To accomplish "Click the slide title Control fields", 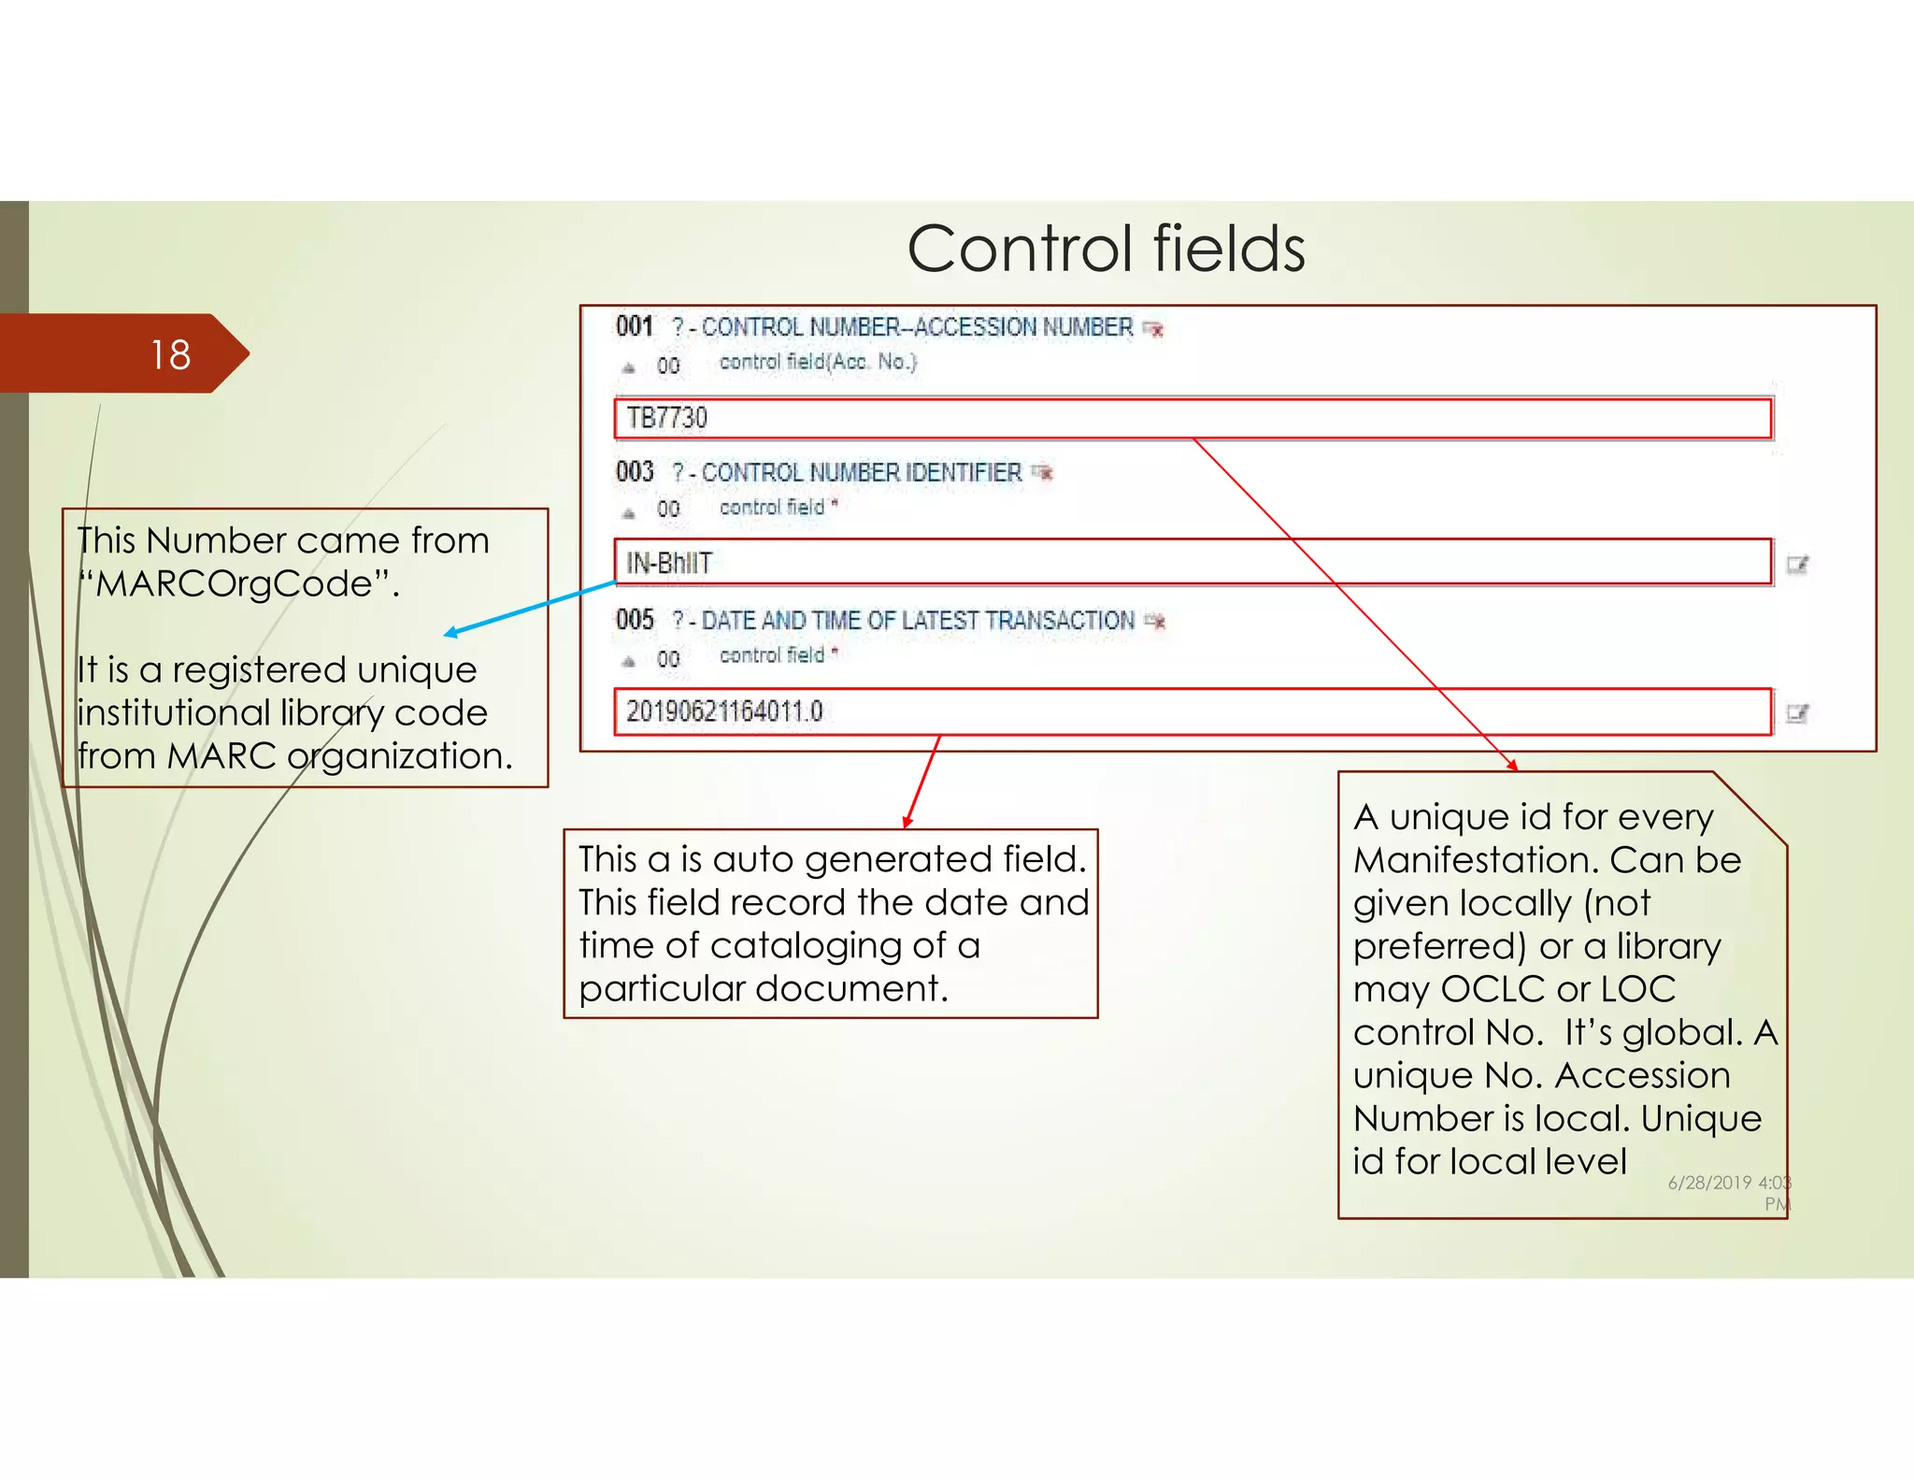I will (1106, 250).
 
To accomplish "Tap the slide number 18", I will (170, 355).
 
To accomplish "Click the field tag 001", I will (635, 326).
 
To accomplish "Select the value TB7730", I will (666, 418).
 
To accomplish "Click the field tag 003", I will (635, 471).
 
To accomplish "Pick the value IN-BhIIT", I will (669, 563).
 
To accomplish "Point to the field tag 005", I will (635, 619).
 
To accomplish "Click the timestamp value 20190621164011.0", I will (724, 711).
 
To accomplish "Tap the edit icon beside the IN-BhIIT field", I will (1797, 564).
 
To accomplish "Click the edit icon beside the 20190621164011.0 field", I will (1797, 713).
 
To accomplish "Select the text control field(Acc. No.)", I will (818, 362).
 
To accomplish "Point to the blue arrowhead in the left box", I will (451, 633).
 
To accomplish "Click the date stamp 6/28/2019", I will (1709, 1183).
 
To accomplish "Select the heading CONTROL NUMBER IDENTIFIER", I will (861, 473).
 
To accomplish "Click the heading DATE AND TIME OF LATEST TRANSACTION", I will (918, 621).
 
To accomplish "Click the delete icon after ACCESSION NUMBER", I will (1153, 328).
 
